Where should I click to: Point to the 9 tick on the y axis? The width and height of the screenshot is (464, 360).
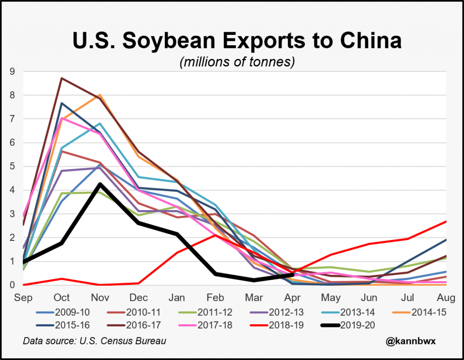tap(12, 71)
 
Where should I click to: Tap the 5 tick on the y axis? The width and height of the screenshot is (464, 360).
tap(12, 166)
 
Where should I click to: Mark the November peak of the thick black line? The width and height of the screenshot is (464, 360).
tap(100, 184)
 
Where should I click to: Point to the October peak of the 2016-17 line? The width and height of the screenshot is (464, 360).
tap(62, 78)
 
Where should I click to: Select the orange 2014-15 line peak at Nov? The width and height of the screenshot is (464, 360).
tap(100, 95)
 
